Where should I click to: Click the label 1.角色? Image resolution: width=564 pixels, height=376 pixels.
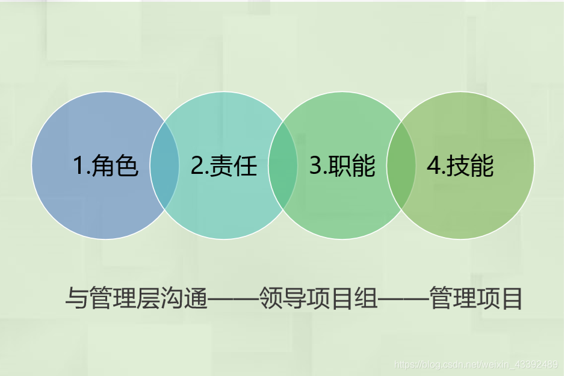105,165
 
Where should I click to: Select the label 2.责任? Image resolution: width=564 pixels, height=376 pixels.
224,165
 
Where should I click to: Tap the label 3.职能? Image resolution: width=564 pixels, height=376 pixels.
342,165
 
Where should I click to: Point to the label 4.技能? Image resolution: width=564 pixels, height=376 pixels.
460,165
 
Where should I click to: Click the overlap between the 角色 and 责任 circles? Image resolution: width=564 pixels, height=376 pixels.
164,165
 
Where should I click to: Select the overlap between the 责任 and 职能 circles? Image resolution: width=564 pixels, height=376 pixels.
283,165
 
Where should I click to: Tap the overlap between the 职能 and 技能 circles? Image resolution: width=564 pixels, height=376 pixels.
401,165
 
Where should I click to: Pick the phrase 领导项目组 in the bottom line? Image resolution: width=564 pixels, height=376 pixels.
318,298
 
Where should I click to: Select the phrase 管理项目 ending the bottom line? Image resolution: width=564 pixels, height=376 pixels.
476,298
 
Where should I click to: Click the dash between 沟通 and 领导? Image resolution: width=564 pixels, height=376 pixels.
234,299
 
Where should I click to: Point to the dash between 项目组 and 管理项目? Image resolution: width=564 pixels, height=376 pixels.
403,299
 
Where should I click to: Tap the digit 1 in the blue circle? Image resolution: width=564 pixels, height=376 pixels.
78,166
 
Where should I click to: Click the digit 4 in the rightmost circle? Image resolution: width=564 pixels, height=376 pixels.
433,166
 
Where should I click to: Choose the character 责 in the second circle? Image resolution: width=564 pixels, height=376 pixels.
221,166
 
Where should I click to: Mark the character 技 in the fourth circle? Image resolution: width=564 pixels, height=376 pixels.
458,166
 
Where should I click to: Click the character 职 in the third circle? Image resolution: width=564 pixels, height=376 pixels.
339,166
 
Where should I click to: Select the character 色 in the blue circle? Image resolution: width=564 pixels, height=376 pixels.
126,166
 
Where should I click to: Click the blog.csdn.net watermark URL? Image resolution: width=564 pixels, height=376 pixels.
476,365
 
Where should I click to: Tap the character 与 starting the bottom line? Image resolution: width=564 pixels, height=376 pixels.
76,298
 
